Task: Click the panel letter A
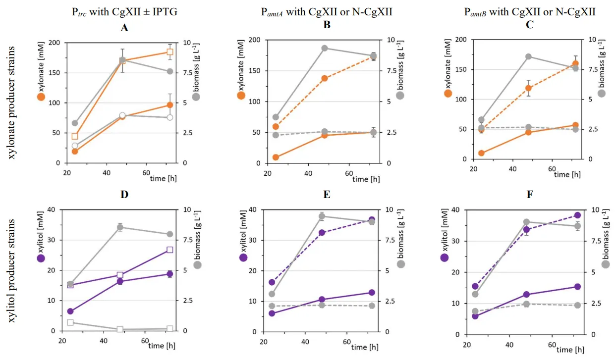(x=124, y=28)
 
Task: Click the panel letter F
(x=530, y=195)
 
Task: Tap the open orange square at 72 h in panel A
(x=170, y=52)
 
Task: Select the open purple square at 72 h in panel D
(x=170, y=250)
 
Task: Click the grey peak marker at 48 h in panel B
(x=324, y=48)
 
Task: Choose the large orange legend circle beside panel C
(x=448, y=93)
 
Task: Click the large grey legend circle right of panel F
(x=605, y=264)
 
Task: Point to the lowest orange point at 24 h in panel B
(x=276, y=157)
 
